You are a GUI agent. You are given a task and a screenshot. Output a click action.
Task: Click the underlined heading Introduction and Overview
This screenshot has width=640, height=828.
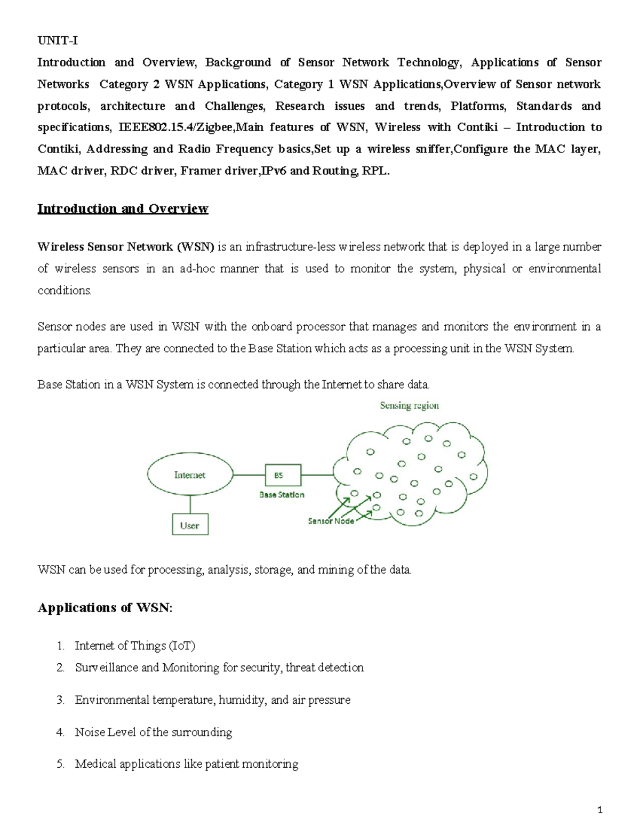pyautogui.click(x=123, y=208)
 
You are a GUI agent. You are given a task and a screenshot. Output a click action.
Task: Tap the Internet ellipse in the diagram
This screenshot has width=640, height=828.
pyautogui.click(x=190, y=475)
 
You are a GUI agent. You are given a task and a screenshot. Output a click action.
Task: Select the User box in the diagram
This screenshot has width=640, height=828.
pyautogui.click(x=190, y=525)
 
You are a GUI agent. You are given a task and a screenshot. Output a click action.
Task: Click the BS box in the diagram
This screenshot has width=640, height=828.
pyautogui.click(x=283, y=475)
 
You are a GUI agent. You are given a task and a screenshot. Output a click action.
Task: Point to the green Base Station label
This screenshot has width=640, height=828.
pyautogui.click(x=282, y=495)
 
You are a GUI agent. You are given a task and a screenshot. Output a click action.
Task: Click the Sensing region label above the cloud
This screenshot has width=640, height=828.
pyautogui.click(x=409, y=406)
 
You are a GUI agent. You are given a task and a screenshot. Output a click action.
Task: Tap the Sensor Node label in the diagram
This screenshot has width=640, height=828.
pyautogui.click(x=331, y=521)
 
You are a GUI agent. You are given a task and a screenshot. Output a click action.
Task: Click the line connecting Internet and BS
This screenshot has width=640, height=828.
pyautogui.click(x=249, y=475)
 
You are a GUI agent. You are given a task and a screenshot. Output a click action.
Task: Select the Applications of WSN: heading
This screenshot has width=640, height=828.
pyautogui.click(x=105, y=608)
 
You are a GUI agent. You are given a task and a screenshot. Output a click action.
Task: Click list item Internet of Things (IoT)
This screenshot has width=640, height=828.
pyautogui.click(x=135, y=646)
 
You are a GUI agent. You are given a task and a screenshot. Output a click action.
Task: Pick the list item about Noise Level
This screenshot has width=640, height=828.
pyautogui.click(x=154, y=732)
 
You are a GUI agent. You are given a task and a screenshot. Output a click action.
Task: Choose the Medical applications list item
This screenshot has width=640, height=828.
pyautogui.click(x=187, y=764)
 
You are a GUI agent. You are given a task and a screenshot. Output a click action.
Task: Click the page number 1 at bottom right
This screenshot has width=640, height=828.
pyautogui.click(x=600, y=810)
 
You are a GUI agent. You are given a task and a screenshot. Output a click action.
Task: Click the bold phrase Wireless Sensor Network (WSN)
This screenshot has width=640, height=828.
pyautogui.click(x=125, y=247)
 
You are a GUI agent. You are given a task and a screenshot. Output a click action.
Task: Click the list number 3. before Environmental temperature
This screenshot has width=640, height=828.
pyautogui.click(x=60, y=700)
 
